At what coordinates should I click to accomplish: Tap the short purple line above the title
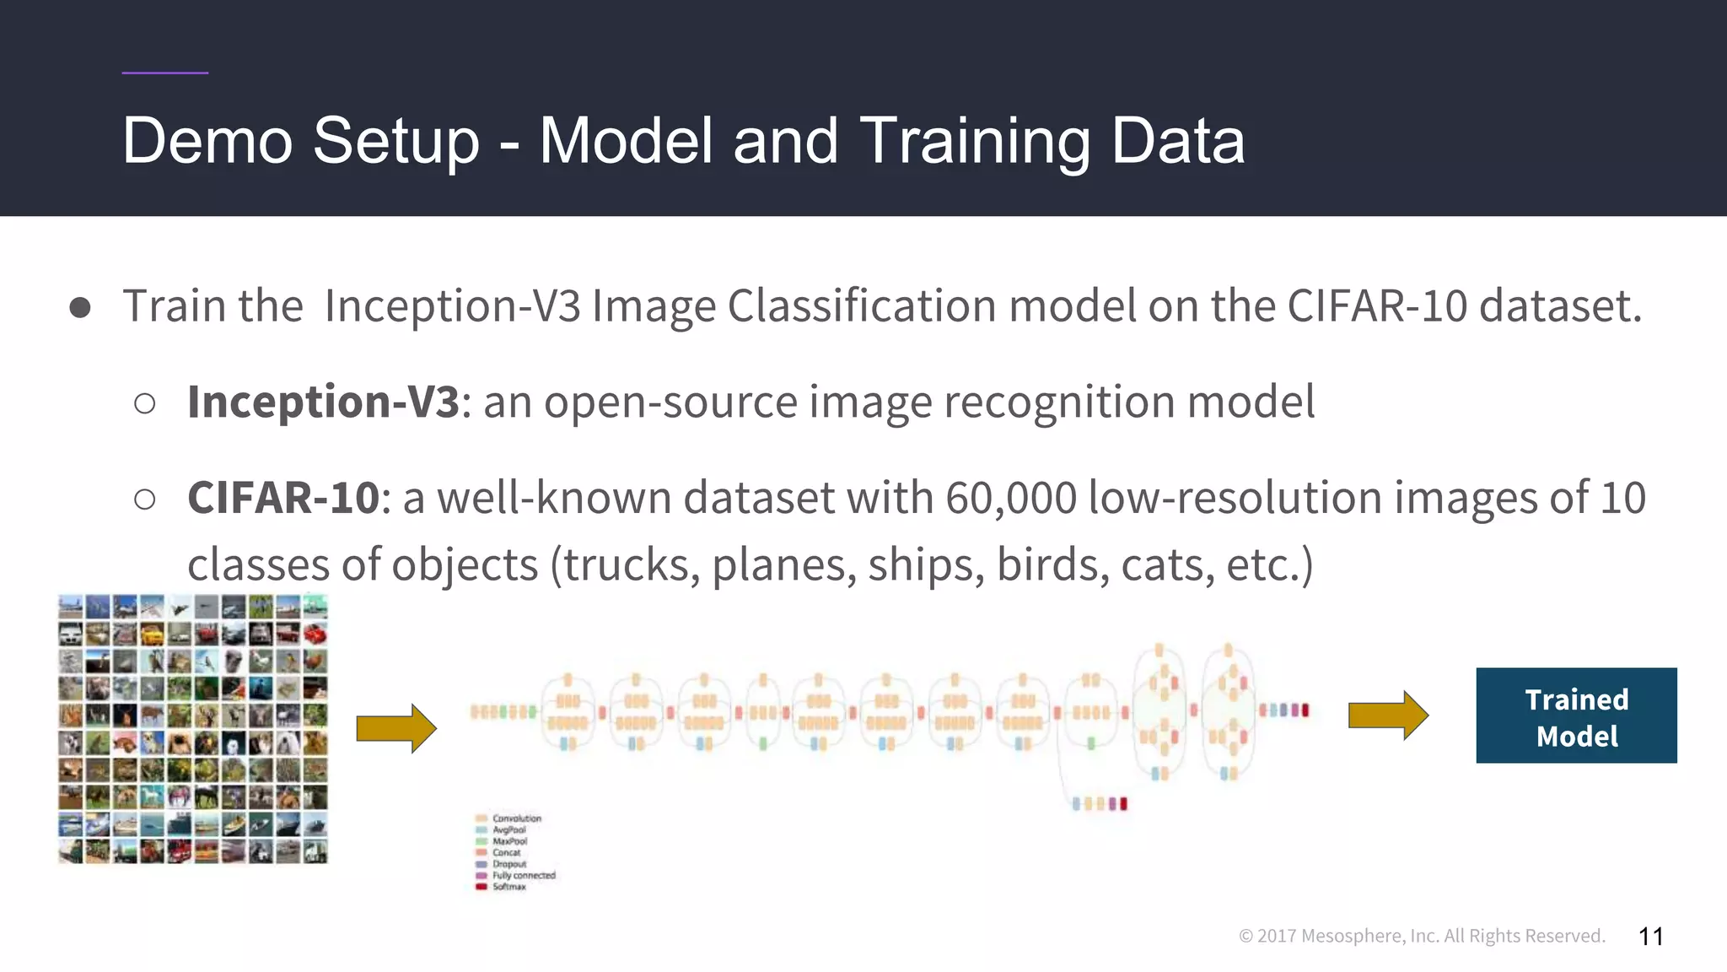coord(164,73)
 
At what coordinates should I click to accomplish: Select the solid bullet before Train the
coord(80,307)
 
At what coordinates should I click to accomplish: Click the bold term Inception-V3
coord(323,402)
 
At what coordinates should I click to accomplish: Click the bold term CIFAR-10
coord(283,498)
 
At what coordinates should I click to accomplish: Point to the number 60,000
coord(1010,498)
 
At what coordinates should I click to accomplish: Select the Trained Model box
coord(1575,715)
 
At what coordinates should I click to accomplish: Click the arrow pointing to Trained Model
coord(1387,715)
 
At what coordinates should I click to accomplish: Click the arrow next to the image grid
coord(395,727)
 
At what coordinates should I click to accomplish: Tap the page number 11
coord(1650,937)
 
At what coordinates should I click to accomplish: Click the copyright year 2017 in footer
coord(1277,937)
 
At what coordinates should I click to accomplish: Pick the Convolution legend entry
coord(516,818)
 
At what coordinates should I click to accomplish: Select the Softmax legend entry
coord(508,887)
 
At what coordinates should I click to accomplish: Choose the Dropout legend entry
coord(509,864)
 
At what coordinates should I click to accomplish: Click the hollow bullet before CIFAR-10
coord(145,499)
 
